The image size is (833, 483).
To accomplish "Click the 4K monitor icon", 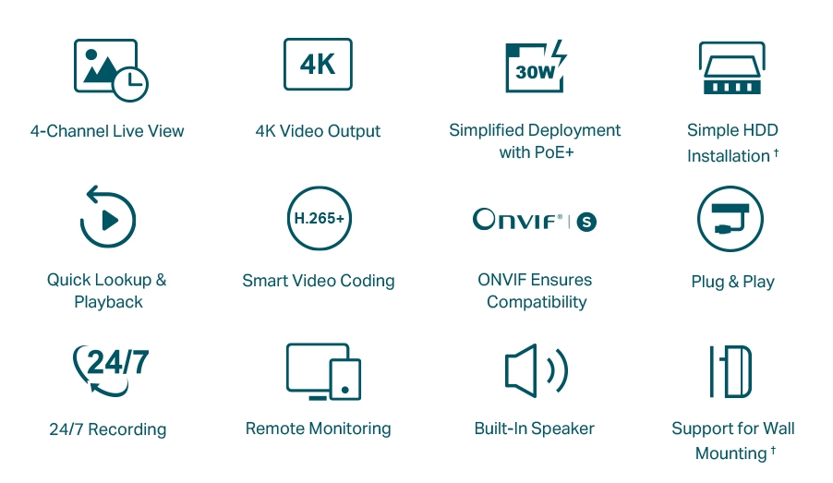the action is pyautogui.click(x=318, y=65).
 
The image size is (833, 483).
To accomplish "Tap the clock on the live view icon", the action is pyautogui.click(x=131, y=84).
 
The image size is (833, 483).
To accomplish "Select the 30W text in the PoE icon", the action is pyautogui.click(x=535, y=72).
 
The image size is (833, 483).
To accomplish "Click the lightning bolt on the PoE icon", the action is pyautogui.click(x=560, y=58).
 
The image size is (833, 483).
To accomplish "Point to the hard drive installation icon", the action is pyautogui.click(x=732, y=68).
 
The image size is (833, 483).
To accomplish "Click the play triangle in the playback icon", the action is pyautogui.click(x=111, y=220).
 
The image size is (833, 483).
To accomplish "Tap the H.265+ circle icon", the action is pyautogui.click(x=319, y=218).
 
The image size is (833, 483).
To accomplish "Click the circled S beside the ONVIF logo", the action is pyautogui.click(x=586, y=222).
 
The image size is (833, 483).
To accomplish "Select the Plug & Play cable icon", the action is pyautogui.click(x=730, y=218).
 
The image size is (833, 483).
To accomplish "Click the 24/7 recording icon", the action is pyautogui.click(x=111, y=370).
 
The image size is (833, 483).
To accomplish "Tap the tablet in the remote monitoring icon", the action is pyautogui.click(x=344, y=379).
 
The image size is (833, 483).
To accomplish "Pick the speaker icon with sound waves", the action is pyautogui.click(x=537, y=370).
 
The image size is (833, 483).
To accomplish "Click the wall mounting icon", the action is pyautogui.click(x=730, y=371).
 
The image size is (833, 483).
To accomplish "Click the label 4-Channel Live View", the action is pyautogui.click(x=107, y=131).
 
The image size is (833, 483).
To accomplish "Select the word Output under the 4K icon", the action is pyautogui.click(x=354, y=131).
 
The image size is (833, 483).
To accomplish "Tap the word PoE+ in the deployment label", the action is pyautogui.click(x=554, y=152).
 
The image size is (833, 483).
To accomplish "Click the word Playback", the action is pyautogui.click(x=108, y=302).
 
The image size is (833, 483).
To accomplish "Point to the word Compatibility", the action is pyautogui.click(x=537, y=302).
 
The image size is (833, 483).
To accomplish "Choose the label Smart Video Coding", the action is pyautogui.click(x=319, y=281).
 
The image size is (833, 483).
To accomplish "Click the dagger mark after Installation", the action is pyautogui.click(x=776, y=152).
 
